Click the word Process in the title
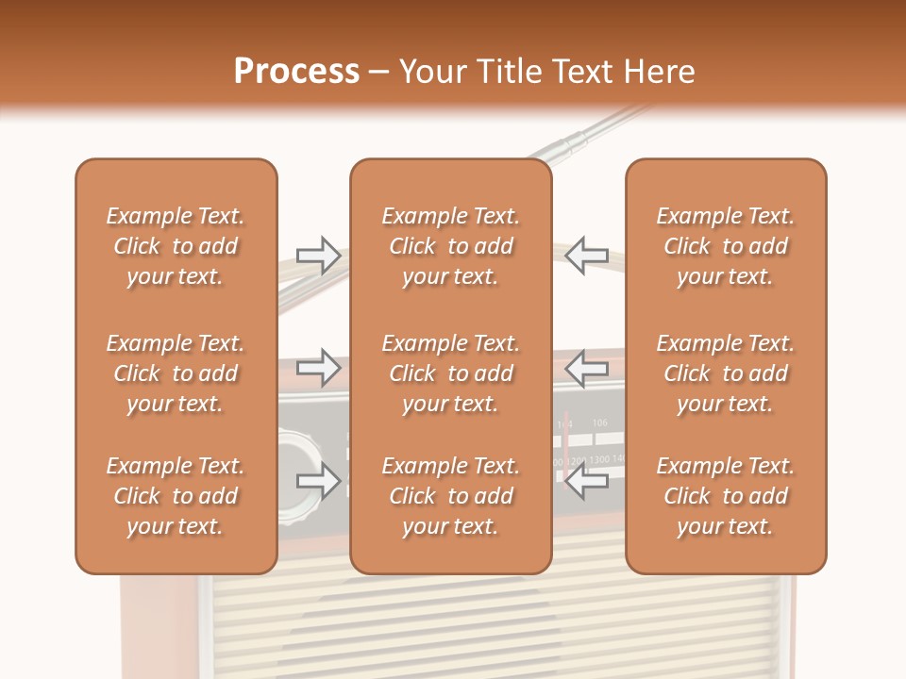coord(296,72)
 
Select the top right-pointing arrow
coord(319,255)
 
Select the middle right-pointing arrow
coord(319,366)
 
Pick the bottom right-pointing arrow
coord(319,481)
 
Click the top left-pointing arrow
coord(586,255)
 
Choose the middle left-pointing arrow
coord(586,367)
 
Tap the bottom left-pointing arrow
coord(586,482)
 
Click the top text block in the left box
coord(176,246)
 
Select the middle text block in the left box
coord(176,373)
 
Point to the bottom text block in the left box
coord(176,496)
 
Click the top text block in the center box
coord(450,246)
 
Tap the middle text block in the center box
coord(450,373)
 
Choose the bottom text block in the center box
coord(450,496)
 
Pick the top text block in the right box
coord(726,246)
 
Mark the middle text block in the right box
coord(726,373)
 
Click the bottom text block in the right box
coord(726,496)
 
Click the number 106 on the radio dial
coord(600,423)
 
